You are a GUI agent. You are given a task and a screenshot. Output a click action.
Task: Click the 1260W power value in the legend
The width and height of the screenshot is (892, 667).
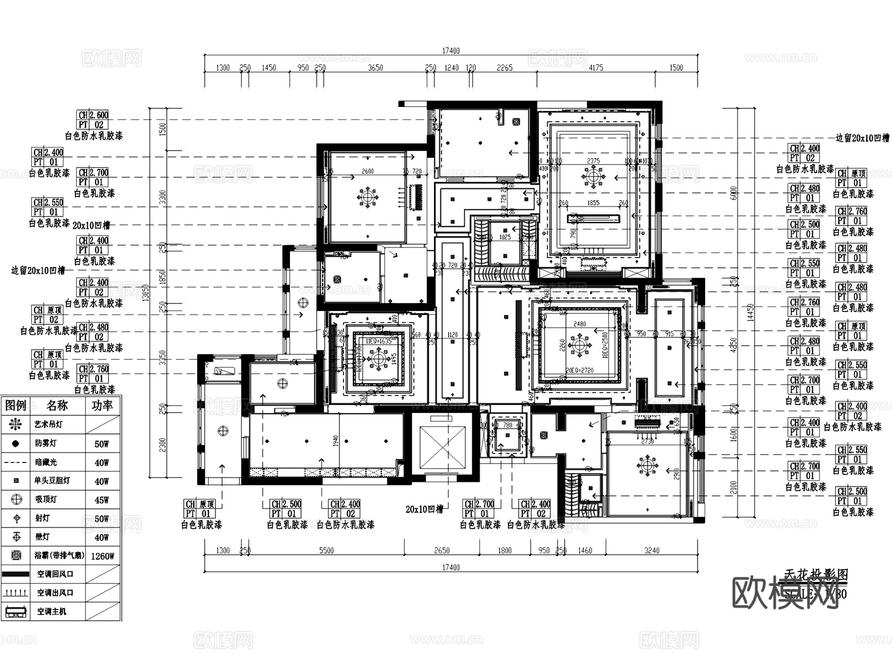(x=102, y=556)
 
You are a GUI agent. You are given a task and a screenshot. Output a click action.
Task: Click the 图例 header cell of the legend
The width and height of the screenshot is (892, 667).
(x=15, y=406)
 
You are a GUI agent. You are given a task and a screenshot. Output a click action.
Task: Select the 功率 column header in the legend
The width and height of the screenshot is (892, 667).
(x=102, y=406)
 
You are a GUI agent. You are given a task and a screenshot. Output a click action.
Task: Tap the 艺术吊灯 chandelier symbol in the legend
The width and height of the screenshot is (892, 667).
(x=16, y=424)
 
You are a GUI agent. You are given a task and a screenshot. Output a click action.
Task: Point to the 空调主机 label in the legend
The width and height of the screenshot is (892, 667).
(x=52, y=612)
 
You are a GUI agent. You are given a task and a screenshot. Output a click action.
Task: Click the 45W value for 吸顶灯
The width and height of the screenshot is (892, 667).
(x=102, y=500)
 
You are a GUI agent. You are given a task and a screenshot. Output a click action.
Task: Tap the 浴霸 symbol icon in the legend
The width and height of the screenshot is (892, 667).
(x=16, y=556)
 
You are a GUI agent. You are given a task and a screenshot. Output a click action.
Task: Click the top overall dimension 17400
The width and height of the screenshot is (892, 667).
(x=450, y=51)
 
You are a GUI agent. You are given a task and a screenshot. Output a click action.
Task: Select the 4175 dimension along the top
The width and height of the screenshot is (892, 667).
(x=596, y=68)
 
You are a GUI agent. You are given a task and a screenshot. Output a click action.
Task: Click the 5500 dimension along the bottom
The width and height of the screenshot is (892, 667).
(x=326, y=550)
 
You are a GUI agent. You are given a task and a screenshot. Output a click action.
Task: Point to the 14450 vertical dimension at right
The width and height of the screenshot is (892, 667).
(x=750, y=312)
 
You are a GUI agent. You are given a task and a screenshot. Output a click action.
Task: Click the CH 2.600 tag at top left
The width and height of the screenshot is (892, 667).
(x=93, y=115)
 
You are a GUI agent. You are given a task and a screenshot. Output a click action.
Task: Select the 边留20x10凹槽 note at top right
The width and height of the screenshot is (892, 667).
(x=862, y=138)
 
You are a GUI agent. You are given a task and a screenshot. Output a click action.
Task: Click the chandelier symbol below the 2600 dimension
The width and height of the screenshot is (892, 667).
(x=367, y=198)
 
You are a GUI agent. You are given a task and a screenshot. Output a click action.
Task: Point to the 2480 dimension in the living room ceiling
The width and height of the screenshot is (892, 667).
(x=579, y=324)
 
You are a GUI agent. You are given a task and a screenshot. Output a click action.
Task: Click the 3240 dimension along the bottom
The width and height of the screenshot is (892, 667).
(x=652, y=550)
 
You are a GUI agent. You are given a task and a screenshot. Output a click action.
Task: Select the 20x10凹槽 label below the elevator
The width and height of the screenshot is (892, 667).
(x=424, y=509)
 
